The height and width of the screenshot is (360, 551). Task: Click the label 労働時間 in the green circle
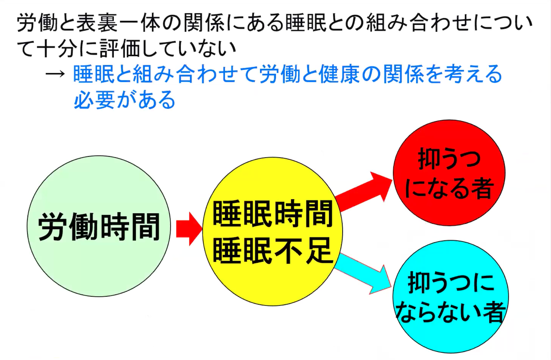(x=99, y=227)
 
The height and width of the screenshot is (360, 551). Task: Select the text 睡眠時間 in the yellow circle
(x=272, y=214)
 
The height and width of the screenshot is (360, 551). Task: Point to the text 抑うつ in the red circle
(x=449, y=159)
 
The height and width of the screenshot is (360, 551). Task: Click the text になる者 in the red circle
(x=449, y=188)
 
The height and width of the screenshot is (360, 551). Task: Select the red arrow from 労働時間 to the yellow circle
(x=189, y=229)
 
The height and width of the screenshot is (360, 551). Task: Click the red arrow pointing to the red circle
(x=363, y=191)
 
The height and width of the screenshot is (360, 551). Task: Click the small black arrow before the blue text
(x=55, y=74)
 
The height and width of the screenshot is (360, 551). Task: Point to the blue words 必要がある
(x=124, y=99)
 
